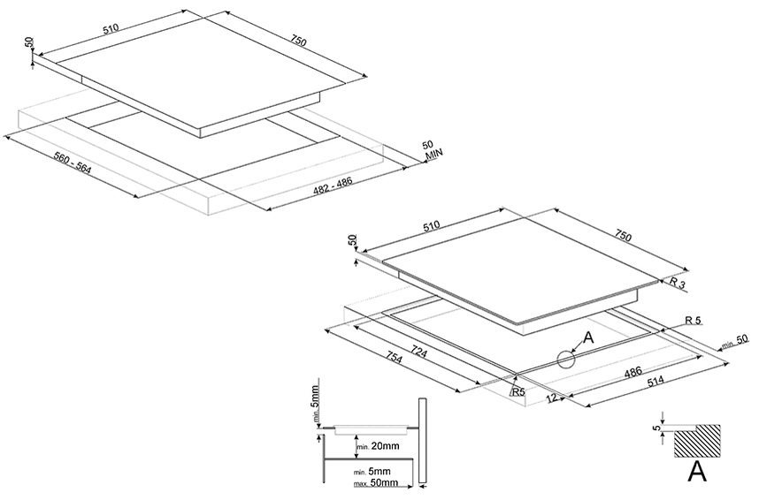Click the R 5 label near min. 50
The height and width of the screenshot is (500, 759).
tap(693, 321)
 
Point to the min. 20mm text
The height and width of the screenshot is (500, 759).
tap(378, 447)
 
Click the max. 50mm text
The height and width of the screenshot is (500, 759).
tap(377, 482)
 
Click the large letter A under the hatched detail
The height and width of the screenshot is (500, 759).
tap(698, 473)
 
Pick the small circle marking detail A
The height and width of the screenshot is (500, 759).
tap(566, 358)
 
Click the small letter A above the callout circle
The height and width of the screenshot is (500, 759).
tap(587, 337)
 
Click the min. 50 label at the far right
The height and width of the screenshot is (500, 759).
tap(734, 342)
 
